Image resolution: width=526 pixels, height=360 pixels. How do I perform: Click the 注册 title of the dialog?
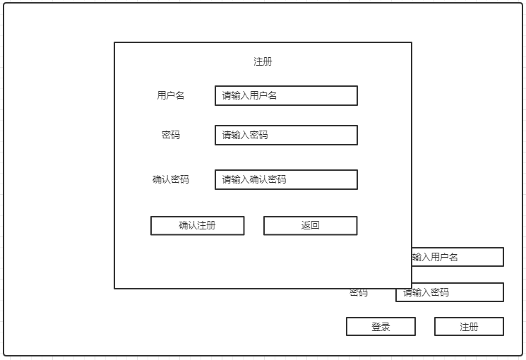click(263, 61)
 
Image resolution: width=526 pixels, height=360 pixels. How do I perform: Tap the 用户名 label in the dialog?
click(171, 95)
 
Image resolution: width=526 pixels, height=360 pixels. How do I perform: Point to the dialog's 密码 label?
click(171, 135)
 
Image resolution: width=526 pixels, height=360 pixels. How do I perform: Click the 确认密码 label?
click(171, 179)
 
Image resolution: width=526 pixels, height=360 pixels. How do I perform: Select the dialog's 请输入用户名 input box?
click(286, 95)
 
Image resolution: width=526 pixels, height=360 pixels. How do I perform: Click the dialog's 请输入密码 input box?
click(286, 135)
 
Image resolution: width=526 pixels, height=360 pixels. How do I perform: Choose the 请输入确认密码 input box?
click(286, 179)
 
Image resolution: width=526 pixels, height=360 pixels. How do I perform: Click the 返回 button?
click(310, 225)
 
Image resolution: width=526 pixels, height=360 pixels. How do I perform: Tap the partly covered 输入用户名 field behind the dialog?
click(458, 257)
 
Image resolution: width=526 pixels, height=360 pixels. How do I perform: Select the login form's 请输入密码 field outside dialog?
click(449, 292)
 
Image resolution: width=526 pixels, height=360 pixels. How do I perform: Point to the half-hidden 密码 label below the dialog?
click(359, 293)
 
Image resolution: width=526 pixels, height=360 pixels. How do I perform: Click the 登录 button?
click(381, 327)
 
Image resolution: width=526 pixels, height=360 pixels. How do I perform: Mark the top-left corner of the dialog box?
click(114, 42)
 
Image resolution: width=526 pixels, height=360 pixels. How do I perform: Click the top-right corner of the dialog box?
click(412, 42)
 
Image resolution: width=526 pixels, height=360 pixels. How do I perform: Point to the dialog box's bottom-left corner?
click(114, 288)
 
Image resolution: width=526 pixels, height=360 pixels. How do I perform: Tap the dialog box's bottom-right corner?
click(412, 288)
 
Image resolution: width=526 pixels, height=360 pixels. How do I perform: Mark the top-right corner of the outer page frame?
click(522, 4)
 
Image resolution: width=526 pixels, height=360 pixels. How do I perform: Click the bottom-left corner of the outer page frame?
click(4, 355)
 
